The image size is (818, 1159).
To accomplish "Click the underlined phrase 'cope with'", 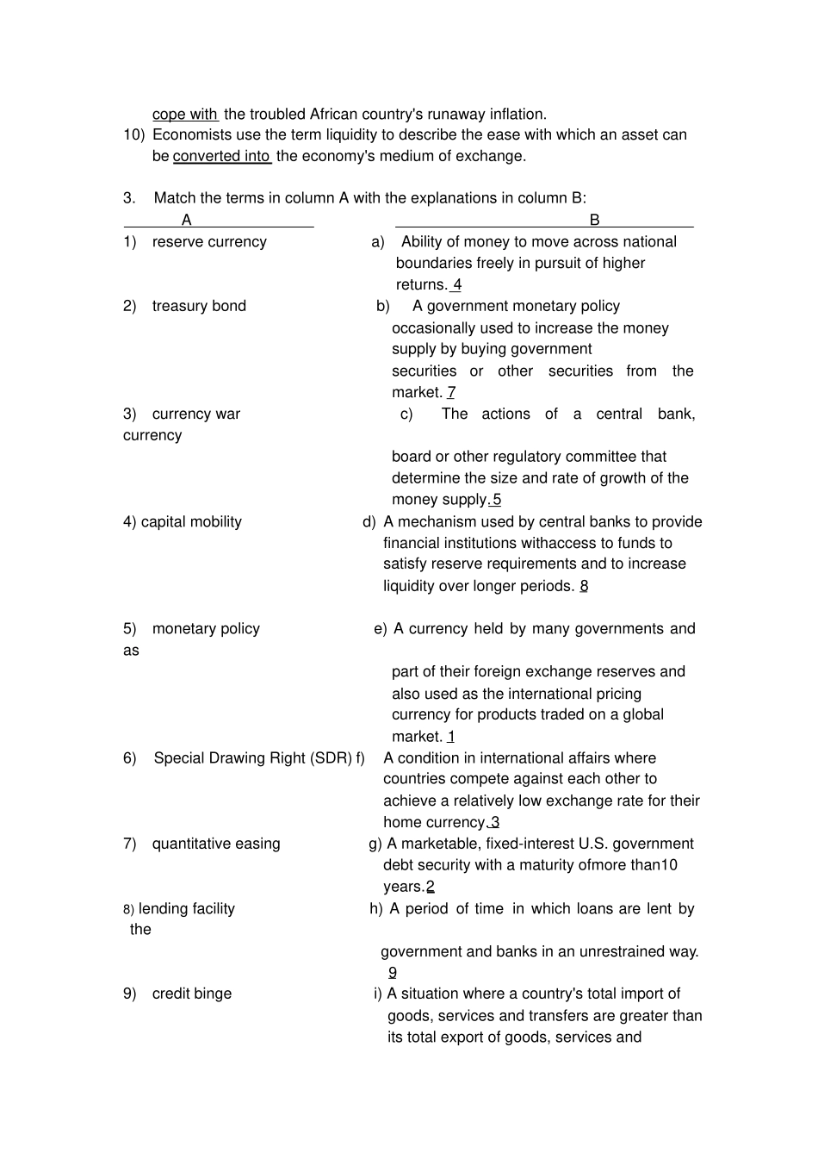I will pyautogui.click(x=184, y=114).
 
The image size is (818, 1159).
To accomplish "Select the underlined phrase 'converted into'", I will pyautogui.click(x=221, y=156).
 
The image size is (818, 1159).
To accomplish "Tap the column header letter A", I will pyautogui.click(x=187, y=220).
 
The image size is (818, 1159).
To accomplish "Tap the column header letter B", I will pyautogui.click(x=594, y=220).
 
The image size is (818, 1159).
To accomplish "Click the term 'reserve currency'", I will pyautogui.click(x=209, y=242).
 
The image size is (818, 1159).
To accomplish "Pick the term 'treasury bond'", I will pyautogui.click(x=199, y=306).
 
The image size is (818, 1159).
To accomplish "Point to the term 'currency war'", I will pyautogui.click(x=196, y=414).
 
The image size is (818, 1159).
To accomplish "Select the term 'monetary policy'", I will pyautogui.click(x=206, y=629).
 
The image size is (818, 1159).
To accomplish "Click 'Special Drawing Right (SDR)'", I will pyautogui.click(x=253, y=758).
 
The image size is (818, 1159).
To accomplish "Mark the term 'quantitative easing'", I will pyautogui.click(x=216, y=844).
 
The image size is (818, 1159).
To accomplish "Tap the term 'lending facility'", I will pyautogui.click(x=187, y=908).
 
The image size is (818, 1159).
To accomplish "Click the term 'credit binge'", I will pyautogui.click(x=192, y=994).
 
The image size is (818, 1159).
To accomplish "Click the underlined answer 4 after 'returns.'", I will pyautogui.click(x=456, y=285).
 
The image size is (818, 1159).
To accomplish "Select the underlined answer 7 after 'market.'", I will pyautogui.click(x=451, y=392).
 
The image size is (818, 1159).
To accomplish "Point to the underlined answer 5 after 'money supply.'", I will pyautogui.click(x=496, y=500).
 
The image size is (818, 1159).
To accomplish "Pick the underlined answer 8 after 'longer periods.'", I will pyautogui.click(x=584, y=586).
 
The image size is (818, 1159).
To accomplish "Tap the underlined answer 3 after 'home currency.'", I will pyautogui.click(x=495, y=822).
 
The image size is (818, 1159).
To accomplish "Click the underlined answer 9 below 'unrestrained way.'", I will pyautogui.click(x=393, y=973).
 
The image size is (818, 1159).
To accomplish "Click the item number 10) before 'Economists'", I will pyautogui.click(x=133, y=134).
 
